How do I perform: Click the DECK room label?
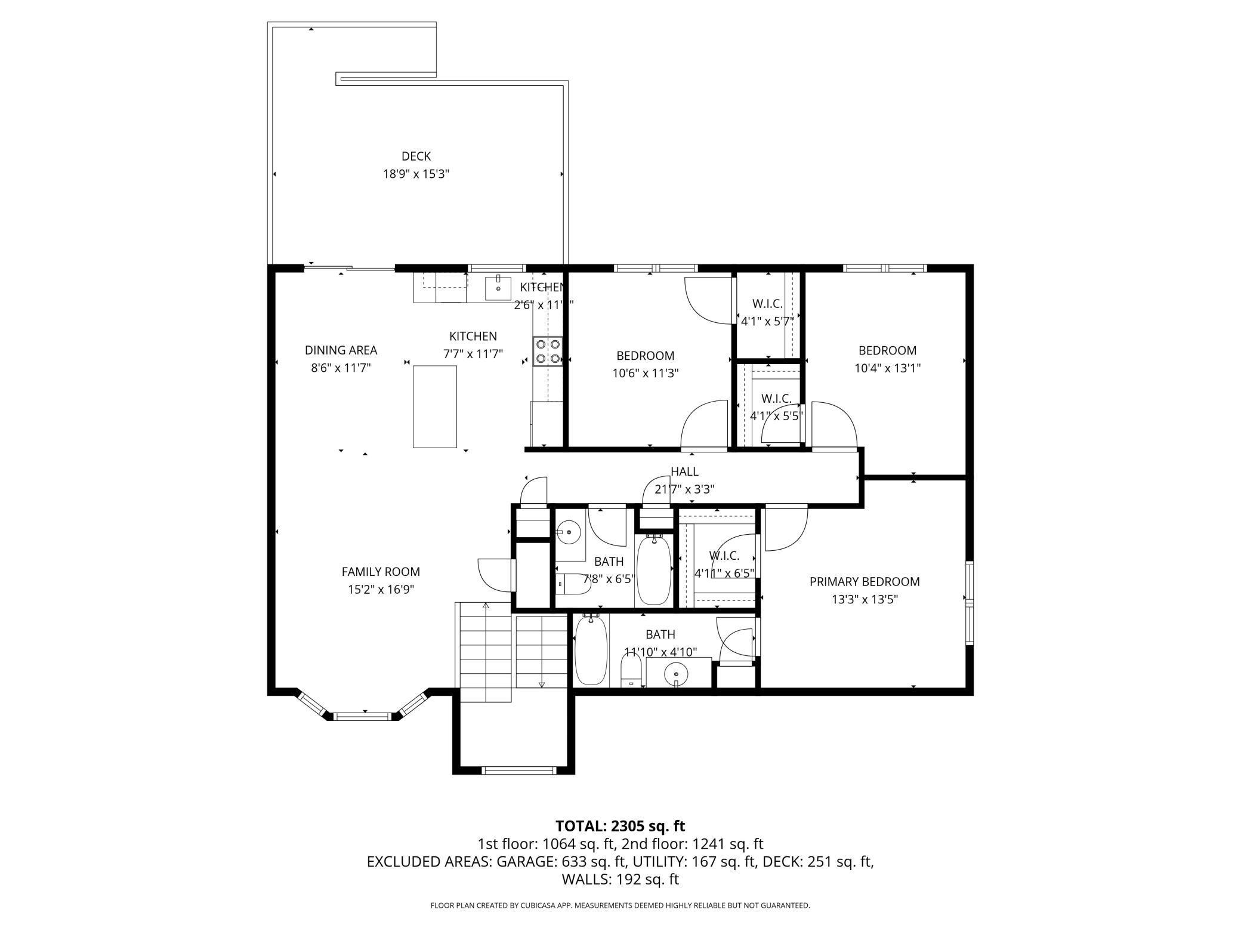(x=416, y=156)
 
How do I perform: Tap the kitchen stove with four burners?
(x=548, y=352)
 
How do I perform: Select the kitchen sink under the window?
(x=498, y=288)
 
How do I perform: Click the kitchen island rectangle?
(x=435, y=406)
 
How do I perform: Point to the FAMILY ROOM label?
(x=381, y=572)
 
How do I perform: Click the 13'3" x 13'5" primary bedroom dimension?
(x=865, y=599)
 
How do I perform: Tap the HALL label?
(x=684, y=471)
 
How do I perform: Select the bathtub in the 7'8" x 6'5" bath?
(x=654, y=570)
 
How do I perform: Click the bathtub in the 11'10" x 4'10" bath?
(x=591, y=650)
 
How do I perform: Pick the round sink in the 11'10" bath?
(x=676, y=674)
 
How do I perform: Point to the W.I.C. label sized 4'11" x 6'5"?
(x=724, y=556)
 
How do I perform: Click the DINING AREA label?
(x=341, y=350)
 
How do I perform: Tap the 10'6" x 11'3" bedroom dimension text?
(x=646, y=374)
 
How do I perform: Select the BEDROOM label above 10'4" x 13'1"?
(x=887, y=350)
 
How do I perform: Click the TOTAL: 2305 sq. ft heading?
(x=620, y=826)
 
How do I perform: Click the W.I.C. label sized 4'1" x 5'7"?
(x=767, y=304)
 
